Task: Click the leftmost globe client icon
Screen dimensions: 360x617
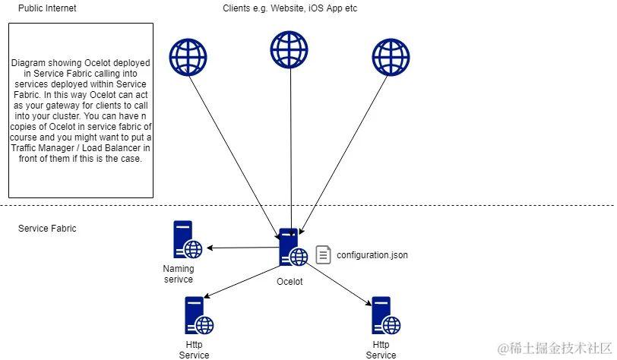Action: [x=188, y=56]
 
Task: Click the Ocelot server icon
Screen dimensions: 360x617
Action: [x=293, y=248]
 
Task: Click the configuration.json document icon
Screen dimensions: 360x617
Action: [x=324, y=255]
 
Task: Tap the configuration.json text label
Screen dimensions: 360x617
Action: [x=372, y=255]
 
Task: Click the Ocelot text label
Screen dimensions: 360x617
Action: [x=290, y=282]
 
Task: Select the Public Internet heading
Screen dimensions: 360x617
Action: [x=47, y=8]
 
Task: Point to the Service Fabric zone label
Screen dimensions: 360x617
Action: [x=47, y=228]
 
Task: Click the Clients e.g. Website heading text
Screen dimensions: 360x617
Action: [x=290, y=8]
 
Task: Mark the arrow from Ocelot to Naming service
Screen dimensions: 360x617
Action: [x=243, y=248]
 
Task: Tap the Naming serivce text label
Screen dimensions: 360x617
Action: [x=179, y=273]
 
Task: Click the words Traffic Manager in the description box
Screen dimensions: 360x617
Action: [x=46, y=137]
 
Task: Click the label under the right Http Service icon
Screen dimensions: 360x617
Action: [x=381, y=349]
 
